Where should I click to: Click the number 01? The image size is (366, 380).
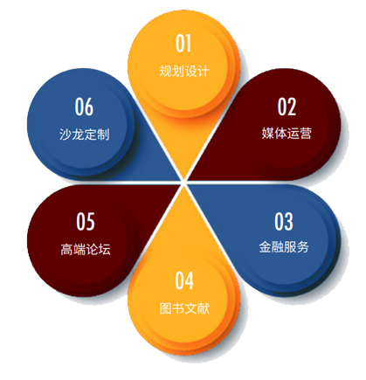(x=183, y=44)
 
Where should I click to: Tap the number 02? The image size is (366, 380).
(x=287, y=107)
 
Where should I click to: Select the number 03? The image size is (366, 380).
(x=284, y=222)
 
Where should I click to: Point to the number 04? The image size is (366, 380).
(x=184, y=280)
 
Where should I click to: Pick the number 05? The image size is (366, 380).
(x=86, y=222)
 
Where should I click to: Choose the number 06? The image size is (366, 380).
(x=84, y=107)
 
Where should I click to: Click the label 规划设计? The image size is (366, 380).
(x=184, y=71)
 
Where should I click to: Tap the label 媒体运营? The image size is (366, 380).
(x=287, y=134)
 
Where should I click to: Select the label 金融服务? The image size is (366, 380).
(x=284, y=247)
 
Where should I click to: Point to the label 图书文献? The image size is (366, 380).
(x=184, y=308)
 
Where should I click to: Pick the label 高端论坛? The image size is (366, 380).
(x=86, y=250)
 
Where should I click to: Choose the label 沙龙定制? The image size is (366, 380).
(x=85, y=135)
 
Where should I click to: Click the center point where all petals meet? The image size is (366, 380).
(x=183, y=183)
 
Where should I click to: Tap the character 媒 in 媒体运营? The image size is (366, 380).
(x=267, y=134)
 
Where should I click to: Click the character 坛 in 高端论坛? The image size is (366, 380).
(x=105, y=250)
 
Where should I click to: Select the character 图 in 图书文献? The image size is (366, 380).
(x=165, y=308)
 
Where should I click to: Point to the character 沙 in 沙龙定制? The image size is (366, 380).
(x=66, y=135)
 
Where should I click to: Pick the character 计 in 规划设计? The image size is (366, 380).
(x=204, y=71)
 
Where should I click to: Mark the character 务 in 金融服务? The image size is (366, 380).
(x=303, y=247)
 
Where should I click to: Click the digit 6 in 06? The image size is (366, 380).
(x=89, y=107)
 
